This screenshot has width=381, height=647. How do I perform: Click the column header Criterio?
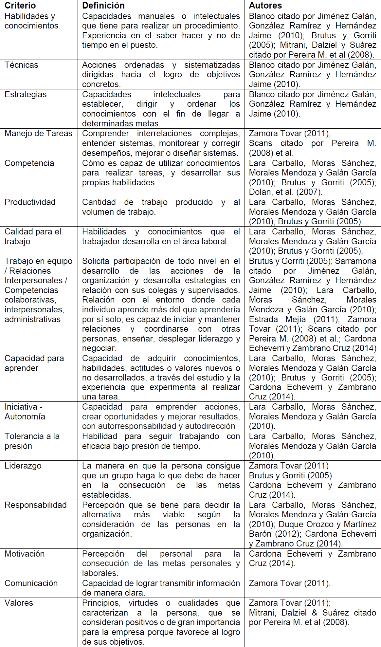[20, 6]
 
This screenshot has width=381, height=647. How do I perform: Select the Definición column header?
[103, 6]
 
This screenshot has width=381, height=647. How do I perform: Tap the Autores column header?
[265, 6]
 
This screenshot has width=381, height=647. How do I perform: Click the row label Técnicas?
[21, 65]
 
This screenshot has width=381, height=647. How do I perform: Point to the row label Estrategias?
[26, 94]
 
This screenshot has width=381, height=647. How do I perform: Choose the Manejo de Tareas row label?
[38, 133]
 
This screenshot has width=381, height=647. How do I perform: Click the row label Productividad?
[30, 202]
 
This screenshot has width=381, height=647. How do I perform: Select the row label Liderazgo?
[23, 466]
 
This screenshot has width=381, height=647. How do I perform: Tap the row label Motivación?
[25, 554]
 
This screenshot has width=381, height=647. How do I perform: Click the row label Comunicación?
[31, 583]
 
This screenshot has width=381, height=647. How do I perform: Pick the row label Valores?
[19, 603]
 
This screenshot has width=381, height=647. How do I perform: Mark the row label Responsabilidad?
[36, 505]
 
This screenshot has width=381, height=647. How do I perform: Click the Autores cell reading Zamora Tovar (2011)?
[290, 583]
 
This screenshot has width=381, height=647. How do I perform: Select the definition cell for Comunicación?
[161, 588]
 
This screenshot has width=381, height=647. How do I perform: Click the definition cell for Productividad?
[161, 207]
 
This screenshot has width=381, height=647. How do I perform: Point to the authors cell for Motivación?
[312, 558]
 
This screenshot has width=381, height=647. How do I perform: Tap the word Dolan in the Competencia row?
[260, 192]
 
